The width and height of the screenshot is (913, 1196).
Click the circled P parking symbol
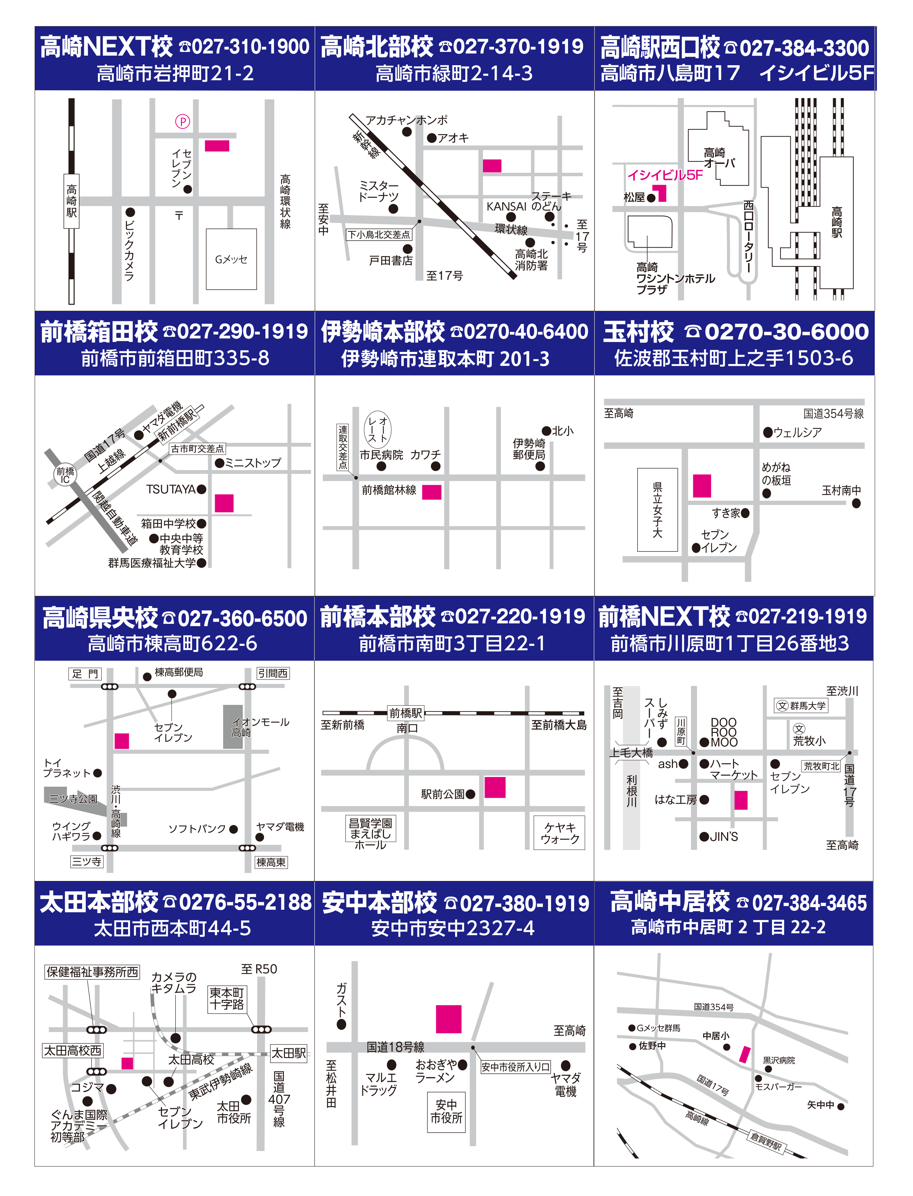[183, 121]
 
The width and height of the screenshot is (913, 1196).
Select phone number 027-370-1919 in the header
[518, 47]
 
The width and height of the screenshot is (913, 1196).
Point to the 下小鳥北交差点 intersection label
[379, 234]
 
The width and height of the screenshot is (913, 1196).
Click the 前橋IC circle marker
[65, 475]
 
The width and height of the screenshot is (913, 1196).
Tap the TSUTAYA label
[171, 489]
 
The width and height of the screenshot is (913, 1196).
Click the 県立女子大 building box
[658, 510]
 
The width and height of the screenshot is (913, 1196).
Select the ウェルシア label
[797, 433]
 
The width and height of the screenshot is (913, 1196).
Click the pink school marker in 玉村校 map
[702, 486]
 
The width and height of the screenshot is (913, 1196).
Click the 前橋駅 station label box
[406, 713]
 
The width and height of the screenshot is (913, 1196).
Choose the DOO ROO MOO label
[724, 732]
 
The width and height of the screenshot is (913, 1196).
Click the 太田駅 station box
[289, 1052]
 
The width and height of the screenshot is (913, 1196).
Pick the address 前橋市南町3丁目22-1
[452, 643]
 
